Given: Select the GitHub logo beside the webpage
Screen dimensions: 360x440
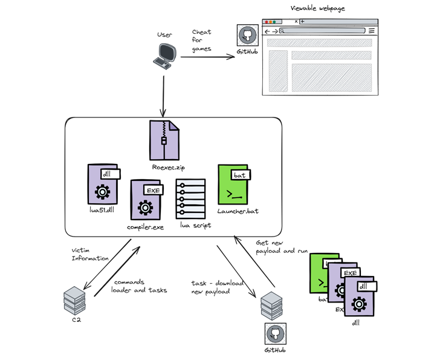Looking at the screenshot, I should pos(247,36).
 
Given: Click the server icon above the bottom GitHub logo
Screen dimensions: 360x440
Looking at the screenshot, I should pos(271,306).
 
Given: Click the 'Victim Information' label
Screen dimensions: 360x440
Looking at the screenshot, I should pos(91,254).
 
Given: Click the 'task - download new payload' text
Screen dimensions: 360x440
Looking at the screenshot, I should pos(218,288).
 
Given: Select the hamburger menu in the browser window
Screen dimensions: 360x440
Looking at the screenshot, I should pos(372,31).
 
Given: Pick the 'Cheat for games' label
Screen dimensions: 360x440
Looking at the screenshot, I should pos(202,41).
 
